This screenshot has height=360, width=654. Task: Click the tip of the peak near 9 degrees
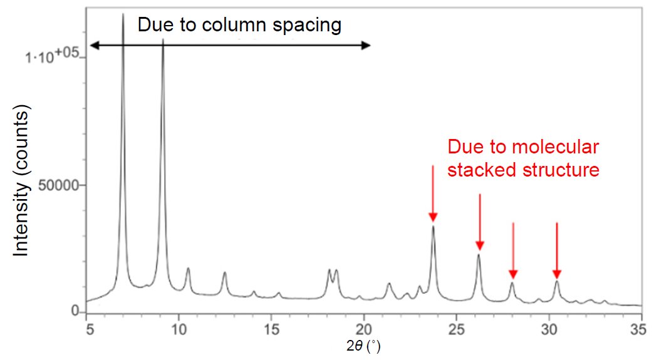163,40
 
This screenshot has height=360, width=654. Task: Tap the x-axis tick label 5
88,328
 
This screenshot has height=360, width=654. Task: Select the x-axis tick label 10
179,328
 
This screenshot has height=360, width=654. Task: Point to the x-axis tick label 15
271,328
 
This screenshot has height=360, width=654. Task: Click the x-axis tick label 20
363,328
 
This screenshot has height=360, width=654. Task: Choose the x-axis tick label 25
455,328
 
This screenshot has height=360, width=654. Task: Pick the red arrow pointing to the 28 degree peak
513,250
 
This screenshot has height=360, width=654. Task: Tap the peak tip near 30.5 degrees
556,281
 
